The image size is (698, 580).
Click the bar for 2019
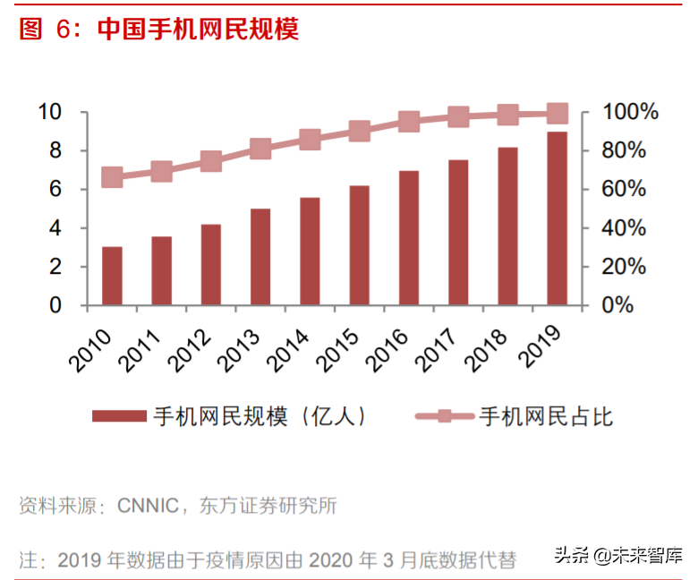point(557,219)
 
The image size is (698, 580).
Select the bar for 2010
point(112,276)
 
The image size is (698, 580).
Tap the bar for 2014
point(310,252)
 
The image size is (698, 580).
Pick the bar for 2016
point(409,238)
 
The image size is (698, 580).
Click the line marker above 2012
point(211,161)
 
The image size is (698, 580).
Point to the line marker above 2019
point(557,113)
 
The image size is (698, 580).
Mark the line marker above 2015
point(360,132)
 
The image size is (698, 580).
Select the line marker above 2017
point(458,116)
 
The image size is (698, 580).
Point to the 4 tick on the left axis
point(55,228)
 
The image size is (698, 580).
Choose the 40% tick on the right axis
point(623,228)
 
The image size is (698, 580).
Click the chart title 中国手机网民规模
point(197,29)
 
